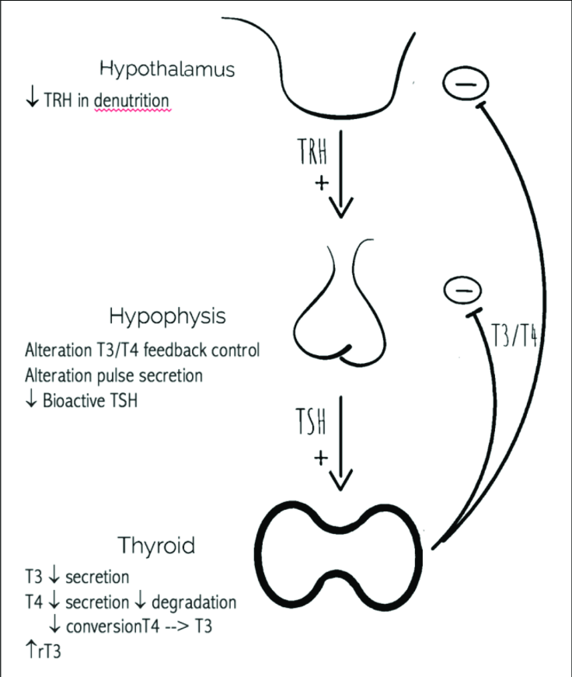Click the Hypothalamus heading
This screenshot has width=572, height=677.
pos(166,70)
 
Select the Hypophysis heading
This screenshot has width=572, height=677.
pos(167,317)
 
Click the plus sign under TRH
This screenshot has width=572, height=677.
pos(318,183)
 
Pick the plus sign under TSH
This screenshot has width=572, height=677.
pos(319,459)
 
